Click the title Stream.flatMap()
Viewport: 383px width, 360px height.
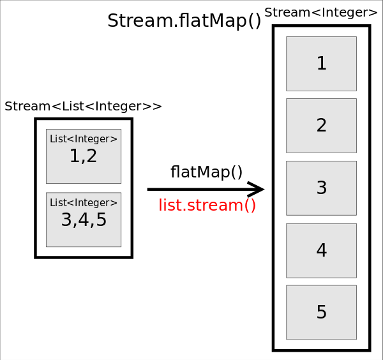tap(184, 21)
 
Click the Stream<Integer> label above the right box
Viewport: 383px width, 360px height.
tap(321, 13)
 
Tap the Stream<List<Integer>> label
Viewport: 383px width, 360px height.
tap(83, 107)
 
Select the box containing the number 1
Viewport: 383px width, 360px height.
tap(321, 64)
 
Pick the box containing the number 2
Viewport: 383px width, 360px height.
tap(321, 126)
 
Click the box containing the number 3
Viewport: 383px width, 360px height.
tap(321, 188)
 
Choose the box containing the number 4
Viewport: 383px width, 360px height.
tap(321, 251)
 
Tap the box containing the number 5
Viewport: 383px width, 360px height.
tap(321, 313)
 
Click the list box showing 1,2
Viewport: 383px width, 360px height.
tap(84, 156)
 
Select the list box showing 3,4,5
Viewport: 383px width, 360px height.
tap(84, 220)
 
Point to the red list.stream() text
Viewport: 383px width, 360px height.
tap(207, 206)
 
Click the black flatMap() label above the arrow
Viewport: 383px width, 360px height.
tap(206, 172)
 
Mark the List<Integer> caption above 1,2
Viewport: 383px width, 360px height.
tap(84, 139)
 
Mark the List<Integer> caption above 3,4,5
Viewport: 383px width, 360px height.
tap(84, 203)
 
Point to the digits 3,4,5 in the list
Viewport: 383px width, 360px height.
tap(84, 220)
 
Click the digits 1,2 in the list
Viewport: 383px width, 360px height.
tap(84, 156)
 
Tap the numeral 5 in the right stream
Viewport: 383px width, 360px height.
tap(322, 313)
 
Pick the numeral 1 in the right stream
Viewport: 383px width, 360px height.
tap(322, 64)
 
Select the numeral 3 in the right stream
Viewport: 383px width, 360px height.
tap(322, 188)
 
